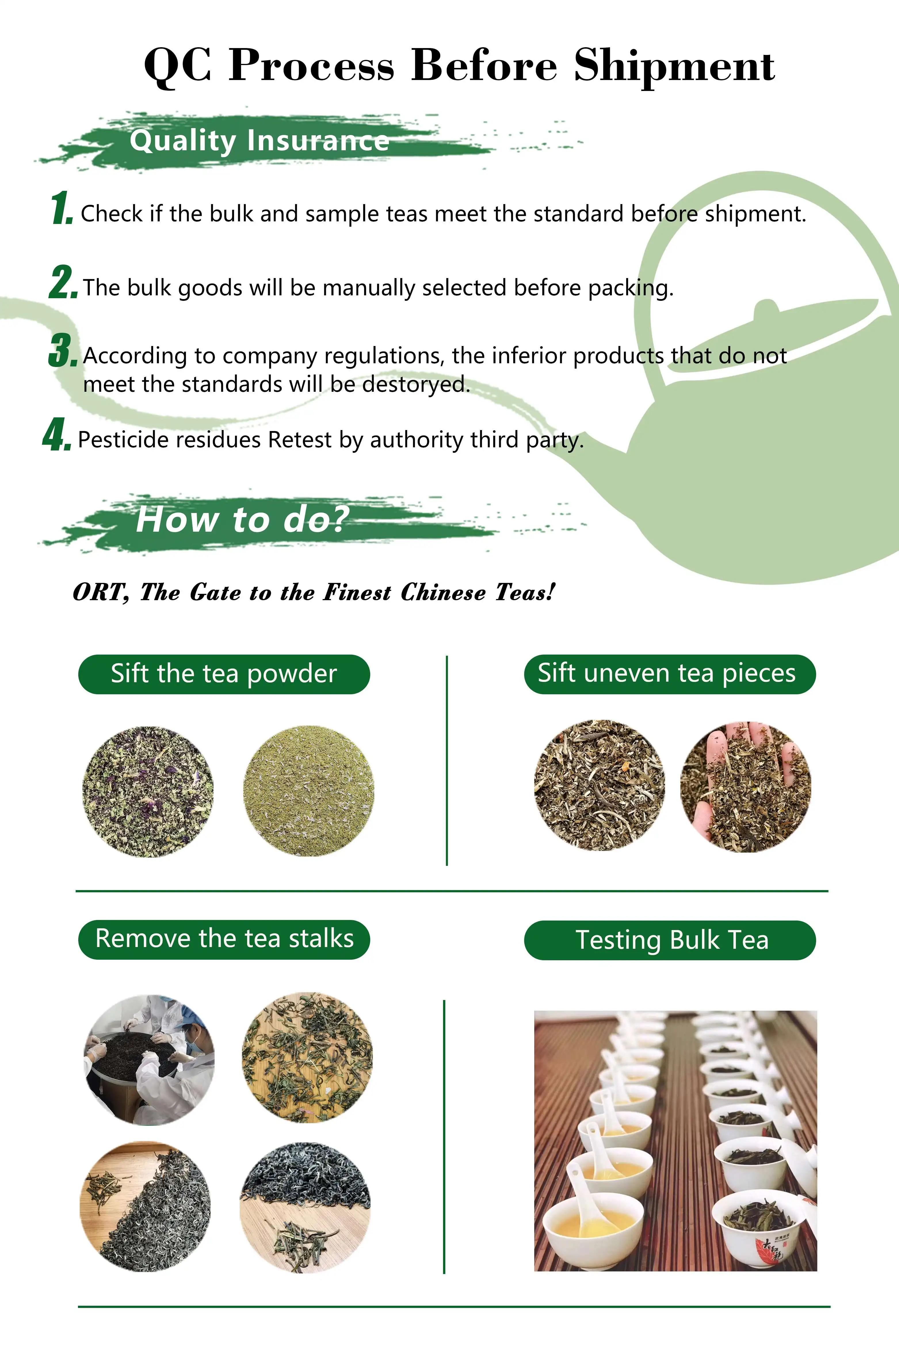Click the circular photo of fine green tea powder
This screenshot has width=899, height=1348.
[308, 792]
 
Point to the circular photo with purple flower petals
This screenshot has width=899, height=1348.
[148, 792]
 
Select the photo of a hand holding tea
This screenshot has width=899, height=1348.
[745, 786]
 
